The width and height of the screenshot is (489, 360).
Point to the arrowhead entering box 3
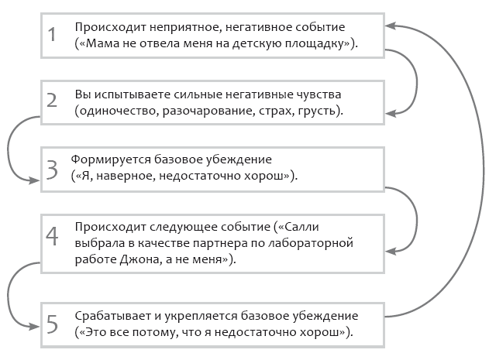[34, 180]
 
